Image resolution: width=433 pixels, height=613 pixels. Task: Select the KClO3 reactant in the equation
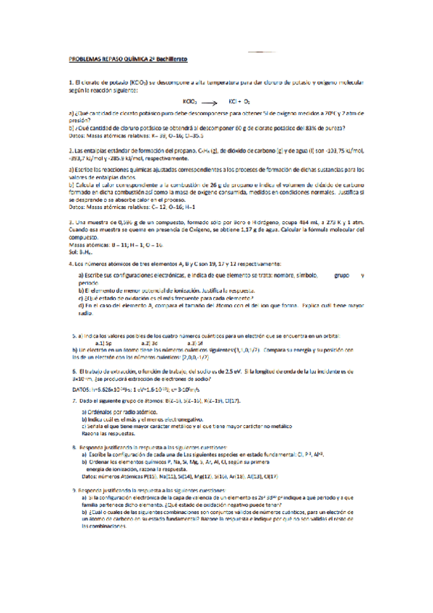pyautogui.click(x=191, y=103)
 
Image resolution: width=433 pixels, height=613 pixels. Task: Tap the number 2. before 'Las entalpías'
pyautogui.click(x=70, y=147)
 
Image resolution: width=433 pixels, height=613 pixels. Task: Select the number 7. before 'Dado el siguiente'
pyautogui.click(x=74, y=400)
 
